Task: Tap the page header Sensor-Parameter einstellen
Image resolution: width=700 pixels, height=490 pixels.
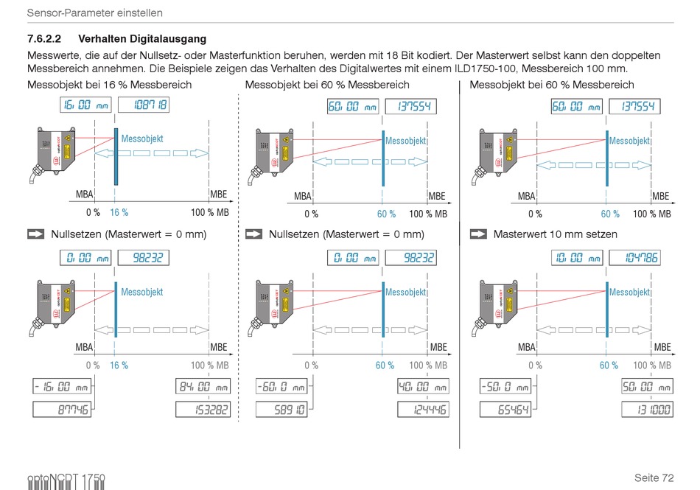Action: click(94, 13)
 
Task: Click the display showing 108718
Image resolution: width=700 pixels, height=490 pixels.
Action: click(144, 105)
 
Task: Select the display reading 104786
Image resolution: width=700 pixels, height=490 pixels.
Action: click(634, 257)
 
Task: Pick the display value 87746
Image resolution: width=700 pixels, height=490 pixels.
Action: click(62, 409)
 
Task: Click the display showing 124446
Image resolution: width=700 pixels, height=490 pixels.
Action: click(422, 409)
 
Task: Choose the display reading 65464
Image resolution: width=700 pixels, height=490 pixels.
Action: click(505, 409)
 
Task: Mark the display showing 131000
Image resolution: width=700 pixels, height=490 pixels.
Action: click(647, 409)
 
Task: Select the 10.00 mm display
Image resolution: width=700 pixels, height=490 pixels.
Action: click(576, 257)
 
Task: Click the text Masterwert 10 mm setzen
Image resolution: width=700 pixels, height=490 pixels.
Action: click(555, 234)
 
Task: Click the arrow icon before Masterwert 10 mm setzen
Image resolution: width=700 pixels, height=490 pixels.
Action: click(478, 234)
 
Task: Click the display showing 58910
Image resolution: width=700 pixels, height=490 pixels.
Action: click(281, 409)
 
